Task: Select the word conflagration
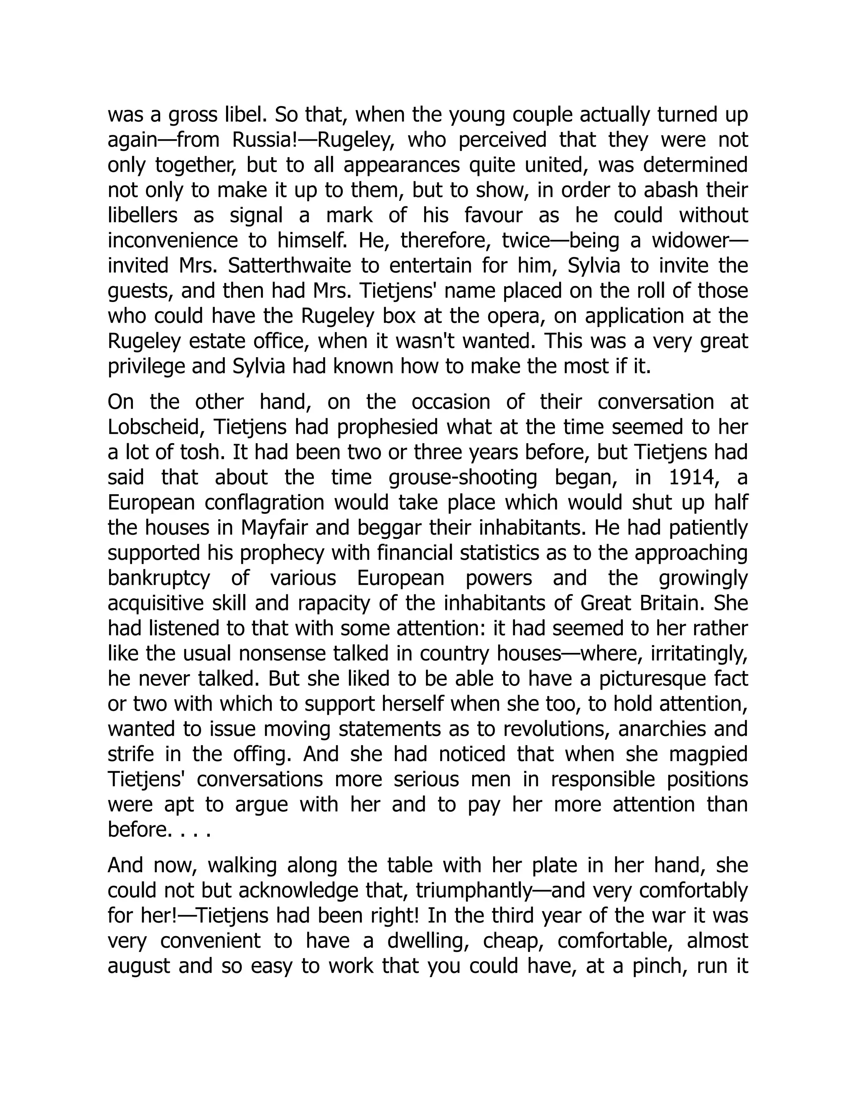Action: [x=264, y=503]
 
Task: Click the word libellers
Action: [x=143, y=216]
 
